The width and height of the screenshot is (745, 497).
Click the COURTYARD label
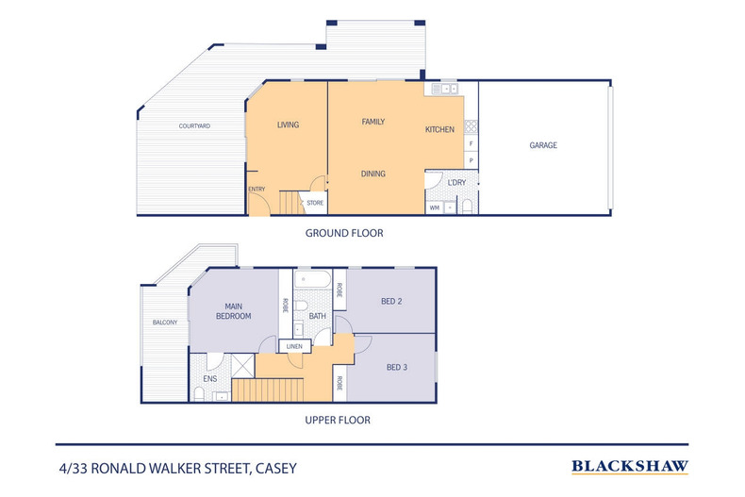pyautogui.click(x=194, y=125)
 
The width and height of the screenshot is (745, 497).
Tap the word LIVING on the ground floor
pyautogui.click(x=288, y=124)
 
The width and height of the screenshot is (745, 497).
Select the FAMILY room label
pyautogui.click(x=372, y=122)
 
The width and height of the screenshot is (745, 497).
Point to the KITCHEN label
pyautogui.click(x=439, y=129)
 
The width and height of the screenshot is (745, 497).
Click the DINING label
pyautogui.click(x=373, y=173)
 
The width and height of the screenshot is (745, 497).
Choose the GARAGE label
pyautogui.click(x=542, y=145)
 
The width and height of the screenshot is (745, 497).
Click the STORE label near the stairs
pyautogui.click(x=315, y=201)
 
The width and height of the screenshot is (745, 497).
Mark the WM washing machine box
pyautogui.click(x=435, y=207)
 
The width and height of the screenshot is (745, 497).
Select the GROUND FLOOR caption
pyautogui.click(x=343, y=232)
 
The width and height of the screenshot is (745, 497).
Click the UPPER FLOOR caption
pyautogui.click(x=337, y=420)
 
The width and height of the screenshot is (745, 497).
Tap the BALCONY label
pyautogui.click(x=164, y=323)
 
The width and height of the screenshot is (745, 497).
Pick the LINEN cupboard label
pyautogui.click(x=294, y=346)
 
